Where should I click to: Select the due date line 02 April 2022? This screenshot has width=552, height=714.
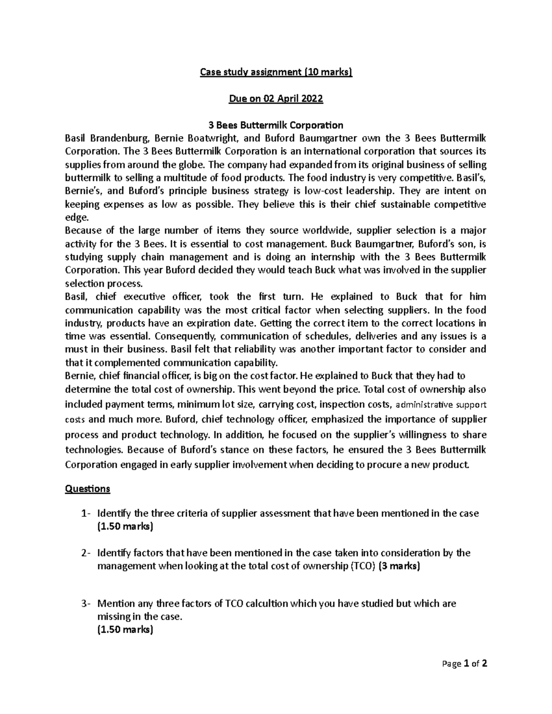pos(276,98)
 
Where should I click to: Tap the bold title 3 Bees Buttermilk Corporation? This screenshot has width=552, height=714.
pos(276,125)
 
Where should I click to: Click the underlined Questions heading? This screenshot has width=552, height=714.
pos(87,488)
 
